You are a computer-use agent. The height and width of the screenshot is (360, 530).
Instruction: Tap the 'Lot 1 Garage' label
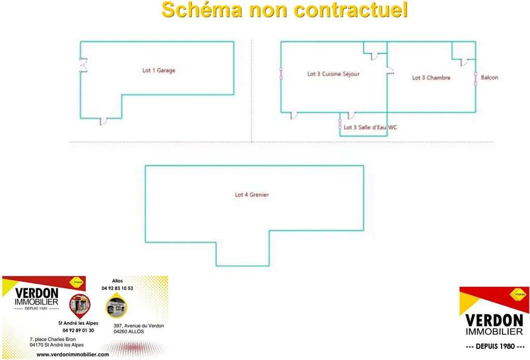coord(159,70)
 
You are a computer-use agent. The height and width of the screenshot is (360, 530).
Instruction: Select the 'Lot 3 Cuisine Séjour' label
coord(333,74)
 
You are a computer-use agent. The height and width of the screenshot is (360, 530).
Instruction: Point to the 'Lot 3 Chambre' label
coord(431,78)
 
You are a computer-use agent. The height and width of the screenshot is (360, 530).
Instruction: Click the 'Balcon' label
coord(490,78)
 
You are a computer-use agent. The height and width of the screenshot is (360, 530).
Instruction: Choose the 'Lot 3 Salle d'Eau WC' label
coord(370,127)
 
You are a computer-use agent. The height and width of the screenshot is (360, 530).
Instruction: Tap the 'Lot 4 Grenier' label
coord(252,195)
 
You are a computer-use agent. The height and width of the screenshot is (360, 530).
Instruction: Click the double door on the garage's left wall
coord(83,65)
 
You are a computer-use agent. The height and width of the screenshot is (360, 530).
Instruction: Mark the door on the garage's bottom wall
coord(104,121)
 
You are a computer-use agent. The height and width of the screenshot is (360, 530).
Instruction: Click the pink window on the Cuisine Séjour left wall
coord(281,74)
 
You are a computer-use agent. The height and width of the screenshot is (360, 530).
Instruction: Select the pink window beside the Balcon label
coord(476,79)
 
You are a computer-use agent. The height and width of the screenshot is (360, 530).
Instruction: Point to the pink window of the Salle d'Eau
coord(340,124)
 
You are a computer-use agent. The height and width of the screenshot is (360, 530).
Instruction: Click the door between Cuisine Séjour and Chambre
coord(390,70)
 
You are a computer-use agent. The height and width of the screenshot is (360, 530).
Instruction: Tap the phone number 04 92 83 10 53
coord(117,289)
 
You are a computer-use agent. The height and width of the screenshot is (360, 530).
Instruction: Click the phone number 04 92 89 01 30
coord(78,330)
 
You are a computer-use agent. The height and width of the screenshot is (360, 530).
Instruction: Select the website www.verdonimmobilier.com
coord(72,355)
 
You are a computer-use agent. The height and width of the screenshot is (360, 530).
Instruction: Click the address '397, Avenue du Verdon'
coord(139,325)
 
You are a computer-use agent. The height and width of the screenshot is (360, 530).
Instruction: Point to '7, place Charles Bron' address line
coord(53,339)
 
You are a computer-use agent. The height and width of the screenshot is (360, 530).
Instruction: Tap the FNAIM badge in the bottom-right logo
coord(518,294)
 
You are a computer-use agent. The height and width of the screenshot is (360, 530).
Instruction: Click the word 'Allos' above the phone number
coord(117,281)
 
